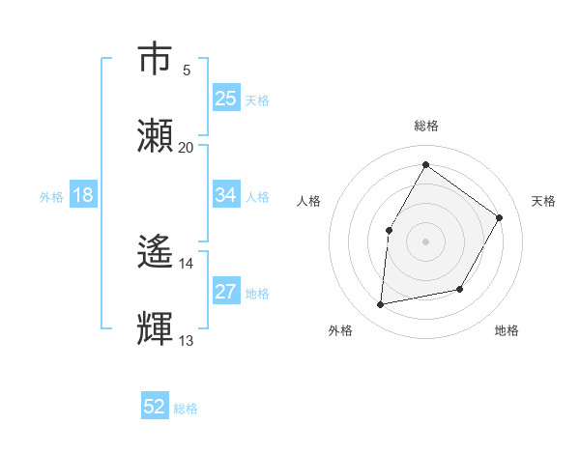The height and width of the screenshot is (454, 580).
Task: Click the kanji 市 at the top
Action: (156, 59)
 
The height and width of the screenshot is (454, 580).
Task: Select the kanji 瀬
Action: (156, 136)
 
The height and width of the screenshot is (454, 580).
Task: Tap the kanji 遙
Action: (156, 253)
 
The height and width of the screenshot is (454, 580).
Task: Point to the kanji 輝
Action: (156, 329)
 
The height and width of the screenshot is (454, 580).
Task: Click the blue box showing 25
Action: (226, 99)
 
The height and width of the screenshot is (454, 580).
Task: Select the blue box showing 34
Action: (226, 195)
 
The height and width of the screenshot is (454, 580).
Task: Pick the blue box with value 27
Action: (226, 292)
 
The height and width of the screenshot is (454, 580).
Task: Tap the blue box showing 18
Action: (83, 195)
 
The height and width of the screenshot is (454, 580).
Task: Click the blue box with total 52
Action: (155, 407)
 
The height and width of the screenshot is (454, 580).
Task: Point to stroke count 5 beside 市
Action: (187, 70)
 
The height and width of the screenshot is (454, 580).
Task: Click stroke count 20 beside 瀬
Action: (187, 147)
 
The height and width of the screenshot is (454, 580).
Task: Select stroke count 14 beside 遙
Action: (187, 263)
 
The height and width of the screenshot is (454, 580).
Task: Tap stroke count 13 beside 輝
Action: (187, 340)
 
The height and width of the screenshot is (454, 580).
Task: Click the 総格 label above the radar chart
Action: (425, 126)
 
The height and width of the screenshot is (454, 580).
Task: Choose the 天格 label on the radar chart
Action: (543, 201)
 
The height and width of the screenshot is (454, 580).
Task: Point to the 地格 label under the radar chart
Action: (507, 330)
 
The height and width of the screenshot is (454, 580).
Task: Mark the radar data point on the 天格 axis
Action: (500, 217)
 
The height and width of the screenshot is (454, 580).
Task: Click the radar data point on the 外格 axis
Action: (381, 305)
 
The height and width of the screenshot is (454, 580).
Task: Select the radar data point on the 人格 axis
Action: (389, 230)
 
